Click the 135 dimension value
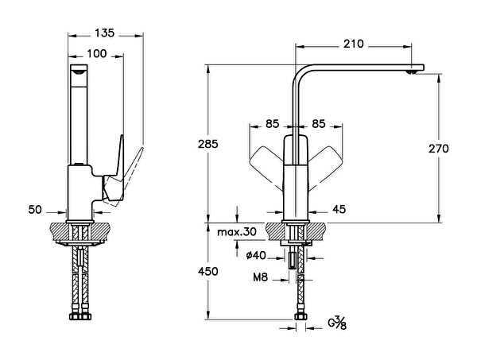coord(105,33)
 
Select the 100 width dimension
coord(96,54)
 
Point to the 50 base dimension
coord(35,211)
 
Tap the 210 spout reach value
coord(354,44)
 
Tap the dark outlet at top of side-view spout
coord(78,71)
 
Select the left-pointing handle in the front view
coord(264,162)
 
